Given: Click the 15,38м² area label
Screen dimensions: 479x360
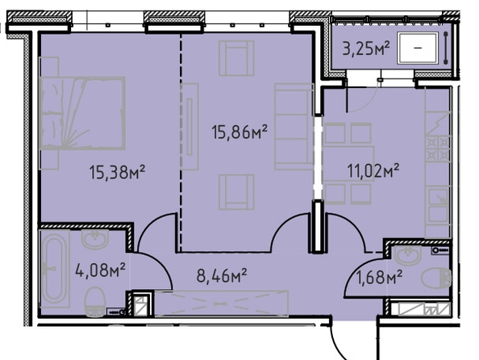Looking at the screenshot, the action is point(117,172).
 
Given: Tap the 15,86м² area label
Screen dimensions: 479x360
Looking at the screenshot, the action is point(240,132).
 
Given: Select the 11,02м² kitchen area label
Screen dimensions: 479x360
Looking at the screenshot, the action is point(373,170).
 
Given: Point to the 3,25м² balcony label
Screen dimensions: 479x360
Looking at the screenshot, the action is point(366,48).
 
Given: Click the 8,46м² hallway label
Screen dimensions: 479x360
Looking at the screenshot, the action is point(222,275).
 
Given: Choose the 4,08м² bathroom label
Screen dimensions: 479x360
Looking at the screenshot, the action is point(100,270).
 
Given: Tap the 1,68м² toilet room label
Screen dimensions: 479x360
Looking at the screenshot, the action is point(379,277).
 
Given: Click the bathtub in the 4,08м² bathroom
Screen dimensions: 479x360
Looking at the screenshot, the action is point(54,269).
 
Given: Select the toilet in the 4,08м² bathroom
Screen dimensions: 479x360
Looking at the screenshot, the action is point(95,302).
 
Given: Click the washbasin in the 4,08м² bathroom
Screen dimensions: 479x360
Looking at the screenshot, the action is point(95,239).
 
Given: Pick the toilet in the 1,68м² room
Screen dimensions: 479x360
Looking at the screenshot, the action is point(436,278).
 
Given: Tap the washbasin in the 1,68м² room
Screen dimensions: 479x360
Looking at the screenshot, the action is point(408,256).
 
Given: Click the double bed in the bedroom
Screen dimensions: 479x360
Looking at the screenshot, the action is point(82,113).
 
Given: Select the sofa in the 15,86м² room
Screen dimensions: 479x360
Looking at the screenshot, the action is point(294,126).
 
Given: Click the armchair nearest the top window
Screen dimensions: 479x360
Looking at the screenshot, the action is point(236,58).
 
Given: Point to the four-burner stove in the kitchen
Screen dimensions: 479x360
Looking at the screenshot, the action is point(438,149).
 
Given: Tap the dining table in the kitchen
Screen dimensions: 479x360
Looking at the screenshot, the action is point(348,164).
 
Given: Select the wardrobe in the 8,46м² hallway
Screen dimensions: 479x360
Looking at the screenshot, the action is point(222,303).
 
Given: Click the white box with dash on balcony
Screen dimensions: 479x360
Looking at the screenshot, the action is point(418,48).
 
